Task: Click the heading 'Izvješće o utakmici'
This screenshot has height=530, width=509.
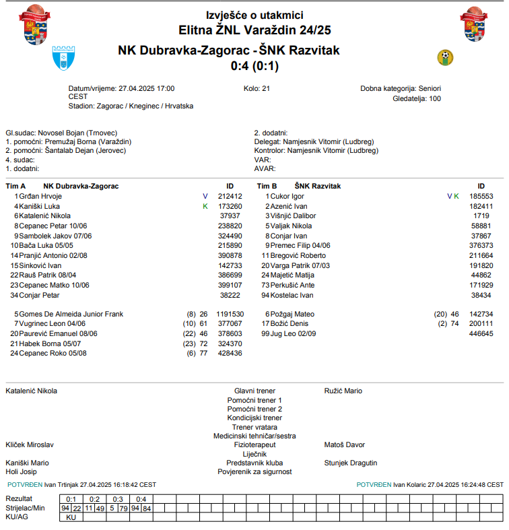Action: [254, 15]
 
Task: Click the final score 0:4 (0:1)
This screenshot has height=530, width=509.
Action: [254, 66]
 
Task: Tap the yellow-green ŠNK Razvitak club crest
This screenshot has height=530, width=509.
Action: [445, 57]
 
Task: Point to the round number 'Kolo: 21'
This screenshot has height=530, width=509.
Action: [257, 88]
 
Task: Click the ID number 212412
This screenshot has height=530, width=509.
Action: [230, 196]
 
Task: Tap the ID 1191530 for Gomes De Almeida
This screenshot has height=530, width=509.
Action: [230, 314]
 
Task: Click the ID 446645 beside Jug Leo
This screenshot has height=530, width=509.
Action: [481, 333]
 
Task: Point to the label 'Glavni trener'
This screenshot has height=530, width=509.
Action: [254, 391]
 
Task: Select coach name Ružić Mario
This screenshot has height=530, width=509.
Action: [343, 391]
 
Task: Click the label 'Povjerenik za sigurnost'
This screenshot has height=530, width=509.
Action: [254, 472]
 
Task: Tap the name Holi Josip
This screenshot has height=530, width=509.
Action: [22, 472]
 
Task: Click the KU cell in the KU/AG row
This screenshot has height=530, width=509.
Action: [71, 517]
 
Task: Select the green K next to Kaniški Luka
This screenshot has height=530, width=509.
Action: [205, 206]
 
